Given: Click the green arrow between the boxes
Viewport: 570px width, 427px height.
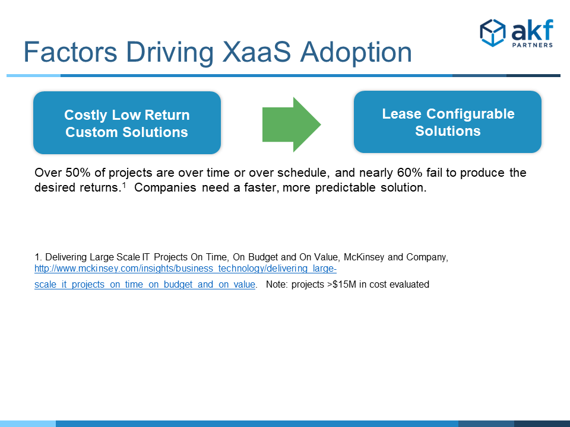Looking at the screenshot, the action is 292,125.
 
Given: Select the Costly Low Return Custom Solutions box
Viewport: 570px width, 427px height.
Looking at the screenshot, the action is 127,123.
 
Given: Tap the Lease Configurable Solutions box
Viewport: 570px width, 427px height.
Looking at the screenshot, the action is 448,122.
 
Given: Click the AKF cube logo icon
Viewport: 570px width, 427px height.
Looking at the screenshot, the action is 493,33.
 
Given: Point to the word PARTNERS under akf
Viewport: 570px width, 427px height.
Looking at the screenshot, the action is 533,45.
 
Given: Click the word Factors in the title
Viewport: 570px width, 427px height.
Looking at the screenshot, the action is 71,52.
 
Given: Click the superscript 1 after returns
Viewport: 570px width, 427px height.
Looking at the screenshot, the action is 124,185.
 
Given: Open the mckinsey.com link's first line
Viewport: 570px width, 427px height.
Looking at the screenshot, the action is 185,269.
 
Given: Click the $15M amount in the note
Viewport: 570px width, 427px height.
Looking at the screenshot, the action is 344,284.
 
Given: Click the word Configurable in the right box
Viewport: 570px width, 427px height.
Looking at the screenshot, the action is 470,114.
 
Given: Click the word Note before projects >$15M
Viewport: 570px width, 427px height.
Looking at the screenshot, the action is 277,284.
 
